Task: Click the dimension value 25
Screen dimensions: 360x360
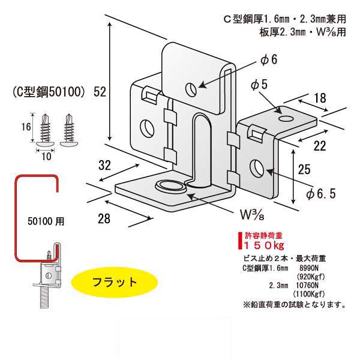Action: click(304, 169)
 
